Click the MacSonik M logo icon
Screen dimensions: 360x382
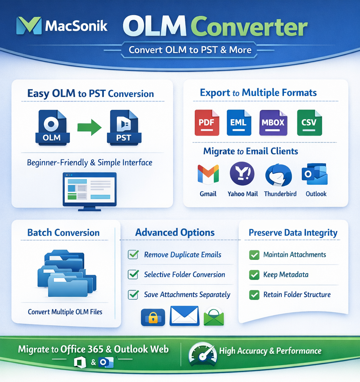[29, 25]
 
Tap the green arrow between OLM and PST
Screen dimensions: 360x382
[89, 127]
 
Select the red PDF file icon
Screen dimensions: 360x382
[207, 123]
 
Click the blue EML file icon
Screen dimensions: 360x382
[239, 123]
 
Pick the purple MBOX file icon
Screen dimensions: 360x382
[273, 123]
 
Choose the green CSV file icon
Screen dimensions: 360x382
[309, 123]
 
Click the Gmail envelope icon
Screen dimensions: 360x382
[208, 174]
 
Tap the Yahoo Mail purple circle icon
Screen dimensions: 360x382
[242, 173]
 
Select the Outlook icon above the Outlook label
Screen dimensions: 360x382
[315, 174]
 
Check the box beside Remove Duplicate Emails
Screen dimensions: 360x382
[133, 254]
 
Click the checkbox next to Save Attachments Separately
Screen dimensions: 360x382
[133, 294]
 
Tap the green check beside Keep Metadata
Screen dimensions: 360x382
[254, 275]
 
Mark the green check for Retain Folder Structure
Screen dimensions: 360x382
[254, 295]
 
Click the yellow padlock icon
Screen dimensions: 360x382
[153, 317]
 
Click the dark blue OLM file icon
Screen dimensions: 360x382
[52, 128]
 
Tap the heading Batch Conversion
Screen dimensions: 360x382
[63, 233]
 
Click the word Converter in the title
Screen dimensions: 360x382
[249, 27]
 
